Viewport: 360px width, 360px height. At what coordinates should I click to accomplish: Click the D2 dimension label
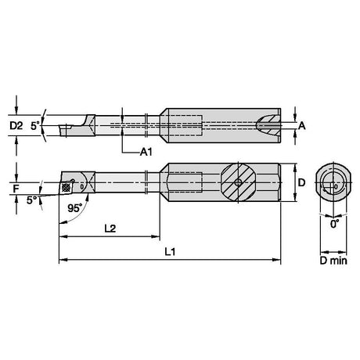tap(16, 126)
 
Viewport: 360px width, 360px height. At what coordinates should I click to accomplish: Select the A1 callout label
tap(146, 152)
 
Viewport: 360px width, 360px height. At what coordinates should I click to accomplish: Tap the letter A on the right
tap(302, 126)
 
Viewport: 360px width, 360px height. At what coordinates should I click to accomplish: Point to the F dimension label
tap(16, 189)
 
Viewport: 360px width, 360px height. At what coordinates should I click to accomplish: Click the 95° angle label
tap(75, 208)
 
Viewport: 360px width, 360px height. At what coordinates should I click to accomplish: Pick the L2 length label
tap(110, 229)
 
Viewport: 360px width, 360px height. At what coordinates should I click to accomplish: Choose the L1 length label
tap(170, 251)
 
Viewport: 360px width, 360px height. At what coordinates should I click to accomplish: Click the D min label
tap(333, 261)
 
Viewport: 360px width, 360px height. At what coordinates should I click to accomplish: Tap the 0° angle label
tap(334, 224)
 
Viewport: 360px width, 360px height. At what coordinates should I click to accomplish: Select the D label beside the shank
tap(301, 182)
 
